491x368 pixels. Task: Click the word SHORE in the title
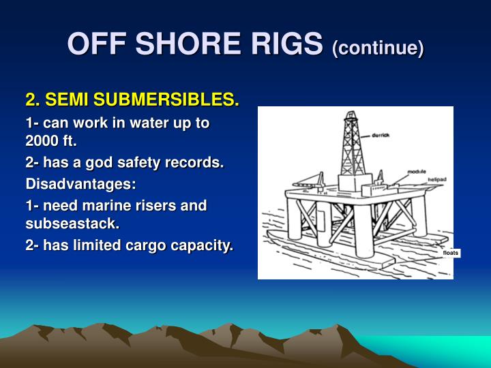click(x=179, y=44)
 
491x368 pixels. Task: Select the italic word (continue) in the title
click(x=378, y=47)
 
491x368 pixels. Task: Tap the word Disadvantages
click(x=80, y=184)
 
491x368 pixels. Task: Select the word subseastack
click(x=72, y=224)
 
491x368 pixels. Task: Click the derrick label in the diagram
click(x=381, y=136)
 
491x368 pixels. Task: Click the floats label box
click(x=451, y=254)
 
